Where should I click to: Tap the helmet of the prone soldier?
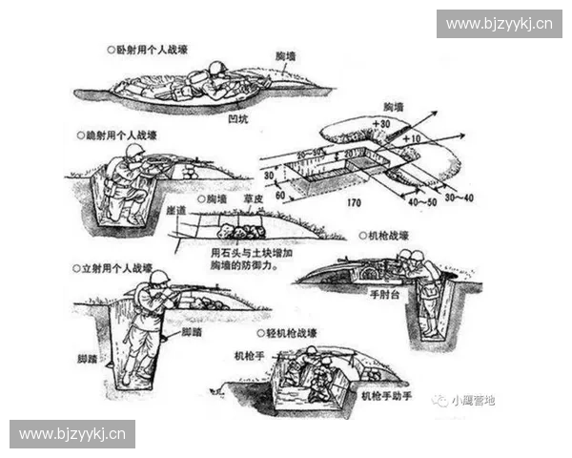coord(216,69)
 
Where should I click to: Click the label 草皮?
coord(253,199)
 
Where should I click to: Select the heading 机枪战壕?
coord(389,234)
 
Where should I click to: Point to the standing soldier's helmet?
coord(159,277)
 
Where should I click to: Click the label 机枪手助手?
coord(389,394)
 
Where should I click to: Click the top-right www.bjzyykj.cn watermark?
coord(499,23)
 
